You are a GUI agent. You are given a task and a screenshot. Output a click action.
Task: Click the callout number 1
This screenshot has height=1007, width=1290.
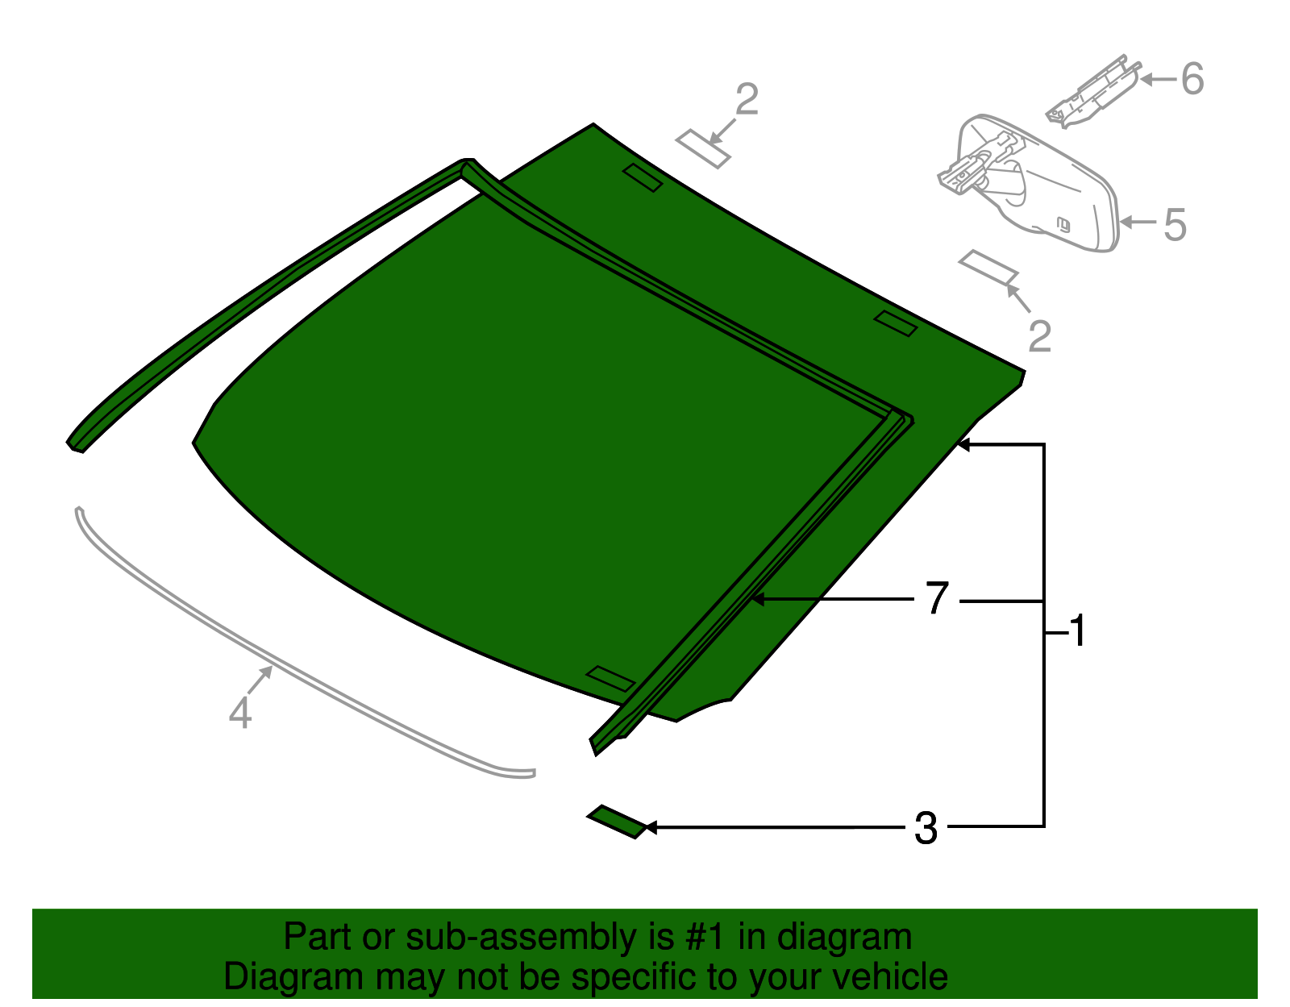1078,630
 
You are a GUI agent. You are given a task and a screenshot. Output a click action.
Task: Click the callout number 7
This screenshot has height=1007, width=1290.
936,599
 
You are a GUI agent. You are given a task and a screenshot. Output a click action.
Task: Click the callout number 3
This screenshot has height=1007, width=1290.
926,828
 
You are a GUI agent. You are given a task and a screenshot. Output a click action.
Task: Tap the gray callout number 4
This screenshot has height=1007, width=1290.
240,713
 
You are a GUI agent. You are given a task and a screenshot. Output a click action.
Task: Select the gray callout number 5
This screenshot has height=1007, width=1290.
1176,224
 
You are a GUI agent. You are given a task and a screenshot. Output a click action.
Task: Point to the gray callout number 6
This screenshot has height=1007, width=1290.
1192,79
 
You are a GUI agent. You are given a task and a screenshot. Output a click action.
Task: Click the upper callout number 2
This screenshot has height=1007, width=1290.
747,100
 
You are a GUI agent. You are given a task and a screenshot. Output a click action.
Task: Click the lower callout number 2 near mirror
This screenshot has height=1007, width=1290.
1040,336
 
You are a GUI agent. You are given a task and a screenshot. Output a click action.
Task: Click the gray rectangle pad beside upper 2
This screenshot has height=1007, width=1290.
703,148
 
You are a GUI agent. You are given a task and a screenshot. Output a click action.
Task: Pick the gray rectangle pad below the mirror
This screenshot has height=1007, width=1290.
988,268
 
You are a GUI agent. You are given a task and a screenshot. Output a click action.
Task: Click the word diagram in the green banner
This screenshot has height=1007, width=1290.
863,938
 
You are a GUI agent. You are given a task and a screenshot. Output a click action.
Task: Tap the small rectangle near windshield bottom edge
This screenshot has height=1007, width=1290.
610,678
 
